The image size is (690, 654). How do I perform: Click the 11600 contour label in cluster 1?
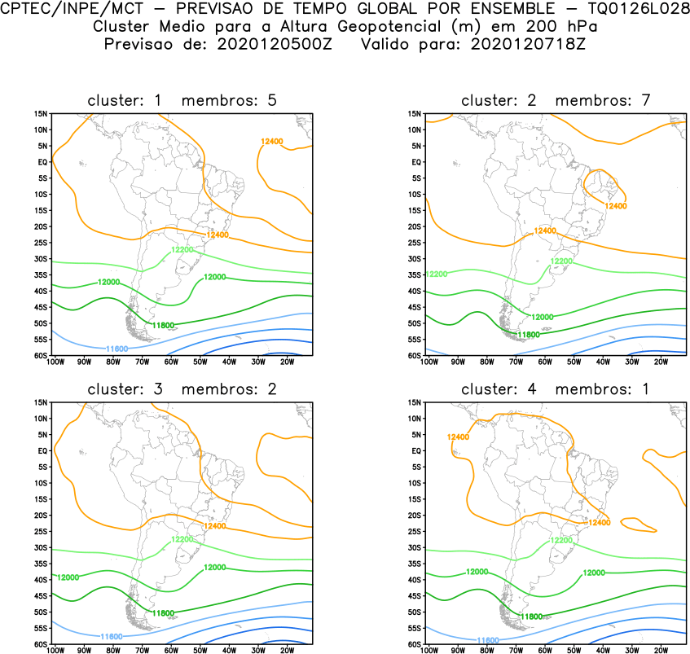117,348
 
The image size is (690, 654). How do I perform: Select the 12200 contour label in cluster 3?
182,539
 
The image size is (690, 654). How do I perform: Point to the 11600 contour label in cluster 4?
487,641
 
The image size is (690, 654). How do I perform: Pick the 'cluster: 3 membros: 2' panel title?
182,389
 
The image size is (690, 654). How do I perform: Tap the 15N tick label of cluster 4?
414,402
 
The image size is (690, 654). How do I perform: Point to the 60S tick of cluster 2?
415,355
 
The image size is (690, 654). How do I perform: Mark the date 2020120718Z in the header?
528,43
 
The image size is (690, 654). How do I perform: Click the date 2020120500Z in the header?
275,43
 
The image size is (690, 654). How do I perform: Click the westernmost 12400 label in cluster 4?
458,437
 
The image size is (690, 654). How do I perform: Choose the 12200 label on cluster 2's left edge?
437,274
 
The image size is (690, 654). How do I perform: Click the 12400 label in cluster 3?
215,526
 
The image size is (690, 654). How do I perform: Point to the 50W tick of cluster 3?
200,649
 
